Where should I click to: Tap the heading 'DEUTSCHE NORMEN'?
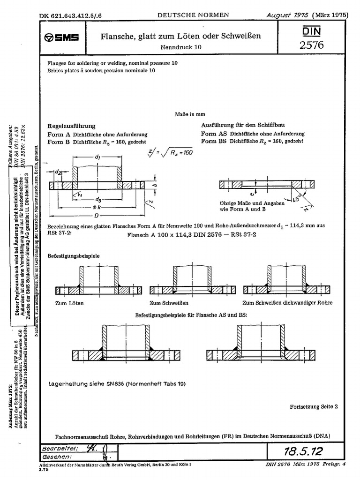click(x=193, y=15)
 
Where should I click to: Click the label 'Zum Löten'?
click(x=69, y=303)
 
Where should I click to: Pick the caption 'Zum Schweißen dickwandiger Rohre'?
click(x=287, y=303)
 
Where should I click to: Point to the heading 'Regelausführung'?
click(x=72, y=126)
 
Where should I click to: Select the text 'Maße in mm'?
click(x=189, y=114)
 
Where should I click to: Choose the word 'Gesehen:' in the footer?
click(x=57, y=456)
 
